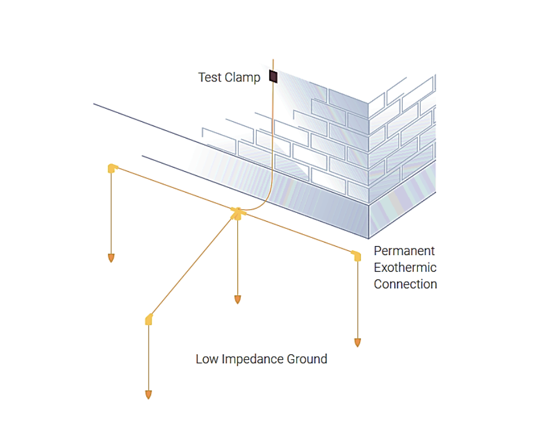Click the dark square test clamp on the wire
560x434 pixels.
273,76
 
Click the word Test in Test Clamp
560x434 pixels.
210,77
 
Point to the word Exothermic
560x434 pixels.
405,268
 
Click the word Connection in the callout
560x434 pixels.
405,284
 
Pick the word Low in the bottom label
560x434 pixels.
206,359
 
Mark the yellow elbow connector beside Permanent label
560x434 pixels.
356,256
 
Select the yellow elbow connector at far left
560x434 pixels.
111,169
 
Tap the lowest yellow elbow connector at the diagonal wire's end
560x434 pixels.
149,320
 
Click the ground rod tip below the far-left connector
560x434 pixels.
111,257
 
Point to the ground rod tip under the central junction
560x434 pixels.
237,299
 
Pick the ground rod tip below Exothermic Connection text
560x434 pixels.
357,342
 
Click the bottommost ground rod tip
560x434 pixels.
148,394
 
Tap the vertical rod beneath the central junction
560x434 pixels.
237,256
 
